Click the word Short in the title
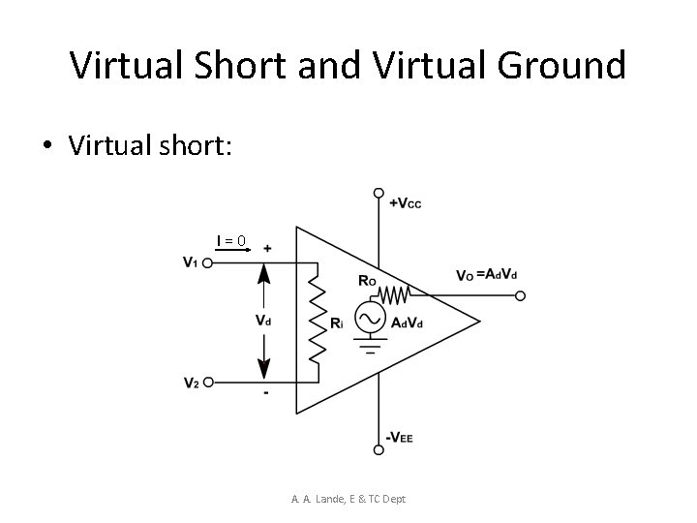224,66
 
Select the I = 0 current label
231,240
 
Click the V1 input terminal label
192,261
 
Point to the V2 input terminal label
192,384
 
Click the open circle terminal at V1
208,262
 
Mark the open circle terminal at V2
208,384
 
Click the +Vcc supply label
405,202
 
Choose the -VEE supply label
400,438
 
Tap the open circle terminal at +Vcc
379,193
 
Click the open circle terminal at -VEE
379,448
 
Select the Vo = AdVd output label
486,275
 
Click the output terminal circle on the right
520,295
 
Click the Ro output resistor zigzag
394,292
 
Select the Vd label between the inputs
262,320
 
